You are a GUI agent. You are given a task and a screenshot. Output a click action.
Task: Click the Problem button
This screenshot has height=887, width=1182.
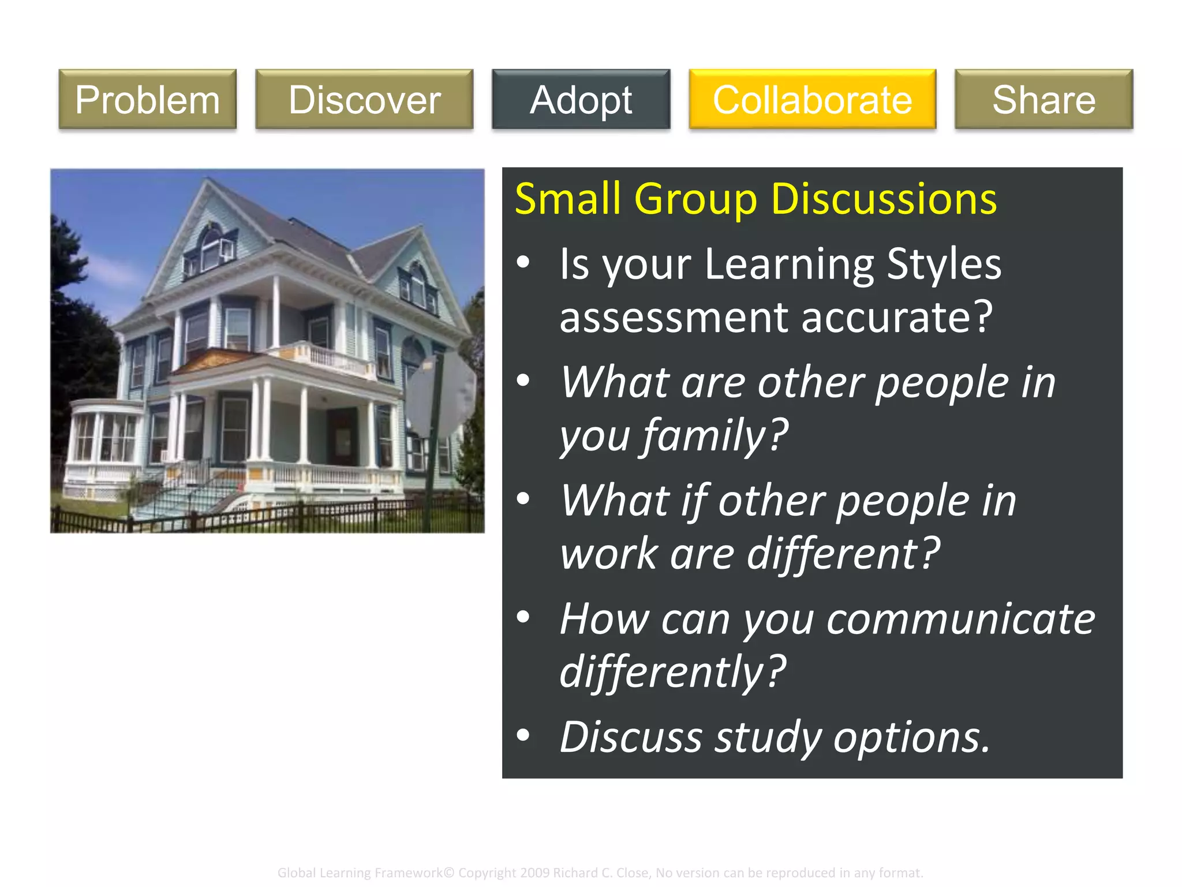(x=147, y=99)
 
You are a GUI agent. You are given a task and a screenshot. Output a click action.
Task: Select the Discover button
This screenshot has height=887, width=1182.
(x=364, y=99)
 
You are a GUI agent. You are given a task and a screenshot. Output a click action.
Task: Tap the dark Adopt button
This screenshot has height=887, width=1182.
(x=581, y=99)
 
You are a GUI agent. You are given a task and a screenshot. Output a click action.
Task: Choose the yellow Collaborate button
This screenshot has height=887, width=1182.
(x=812, y=99)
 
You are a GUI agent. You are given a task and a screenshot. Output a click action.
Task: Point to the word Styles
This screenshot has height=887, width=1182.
(x=944, y=264)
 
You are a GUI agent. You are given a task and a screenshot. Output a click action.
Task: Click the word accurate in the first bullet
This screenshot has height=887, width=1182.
(x=889, y=318)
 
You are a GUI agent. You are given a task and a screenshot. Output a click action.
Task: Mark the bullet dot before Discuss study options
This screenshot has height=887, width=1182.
(x=523, y=735)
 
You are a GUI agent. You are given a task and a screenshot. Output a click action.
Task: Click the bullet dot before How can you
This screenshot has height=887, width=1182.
(x=523, y=617)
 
